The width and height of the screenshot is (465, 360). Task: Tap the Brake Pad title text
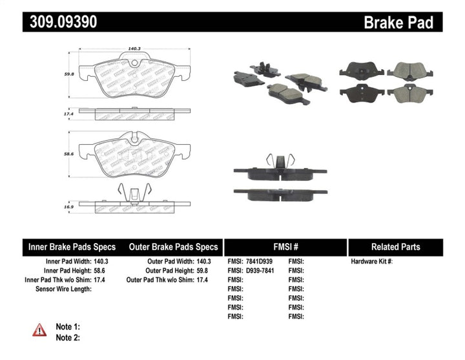tap(398, 23)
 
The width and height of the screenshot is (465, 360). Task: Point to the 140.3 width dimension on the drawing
tap(134, 47)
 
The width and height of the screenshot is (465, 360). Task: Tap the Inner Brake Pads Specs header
tap(72, 247)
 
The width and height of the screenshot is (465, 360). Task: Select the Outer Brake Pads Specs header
tap(173, 247)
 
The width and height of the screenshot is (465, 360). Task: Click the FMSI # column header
tap(285, 247)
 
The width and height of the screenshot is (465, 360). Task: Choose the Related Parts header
tap(395, 247)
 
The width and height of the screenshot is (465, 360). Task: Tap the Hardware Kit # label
tap(371, 261)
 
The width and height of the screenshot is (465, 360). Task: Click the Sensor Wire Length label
tap(63, 289)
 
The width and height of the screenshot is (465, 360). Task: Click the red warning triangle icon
tap(40, 330)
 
